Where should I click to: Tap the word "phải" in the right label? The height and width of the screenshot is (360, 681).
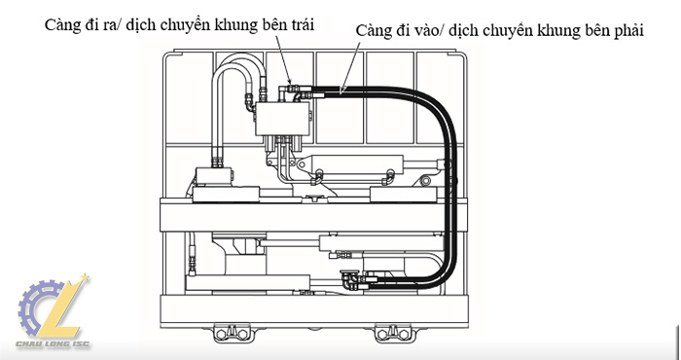coord(628,31)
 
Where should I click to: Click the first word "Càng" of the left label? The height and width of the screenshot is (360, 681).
coord(60,25)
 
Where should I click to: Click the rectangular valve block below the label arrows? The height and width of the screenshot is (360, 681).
coord(282,119)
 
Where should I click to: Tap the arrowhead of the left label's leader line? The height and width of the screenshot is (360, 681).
coord(289,82)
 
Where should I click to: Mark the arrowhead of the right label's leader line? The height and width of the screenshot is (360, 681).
coord(341,90)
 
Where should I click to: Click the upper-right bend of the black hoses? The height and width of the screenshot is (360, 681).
coord(437,105)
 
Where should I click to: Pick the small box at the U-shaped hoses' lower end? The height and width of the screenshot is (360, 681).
coord(214,176)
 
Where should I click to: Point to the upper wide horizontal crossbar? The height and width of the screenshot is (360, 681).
coord(313,214)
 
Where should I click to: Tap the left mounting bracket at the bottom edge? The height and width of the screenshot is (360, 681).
coord(232,333)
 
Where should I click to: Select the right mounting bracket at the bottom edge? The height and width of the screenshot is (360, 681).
coord(393,333)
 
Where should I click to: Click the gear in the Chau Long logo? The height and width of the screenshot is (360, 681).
coord(38,307)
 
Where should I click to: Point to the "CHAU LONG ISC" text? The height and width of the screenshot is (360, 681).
coord(53,344)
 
